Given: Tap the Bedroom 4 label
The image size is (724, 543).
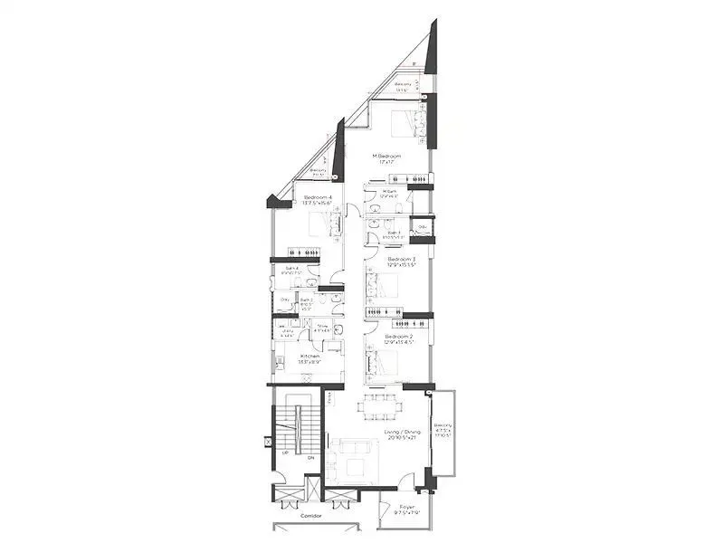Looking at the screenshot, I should pyautogui.click(x=318, y=197).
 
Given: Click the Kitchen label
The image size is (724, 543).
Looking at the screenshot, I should pyautogui.click(x=310, y=357).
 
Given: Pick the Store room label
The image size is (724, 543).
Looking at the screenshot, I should pyautogui.click(x=322, y=327).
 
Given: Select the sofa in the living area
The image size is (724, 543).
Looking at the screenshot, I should pyautogui.click(x=352, y=449).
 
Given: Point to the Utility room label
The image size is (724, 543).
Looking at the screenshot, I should pyautogui.click(x=288, y=332).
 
